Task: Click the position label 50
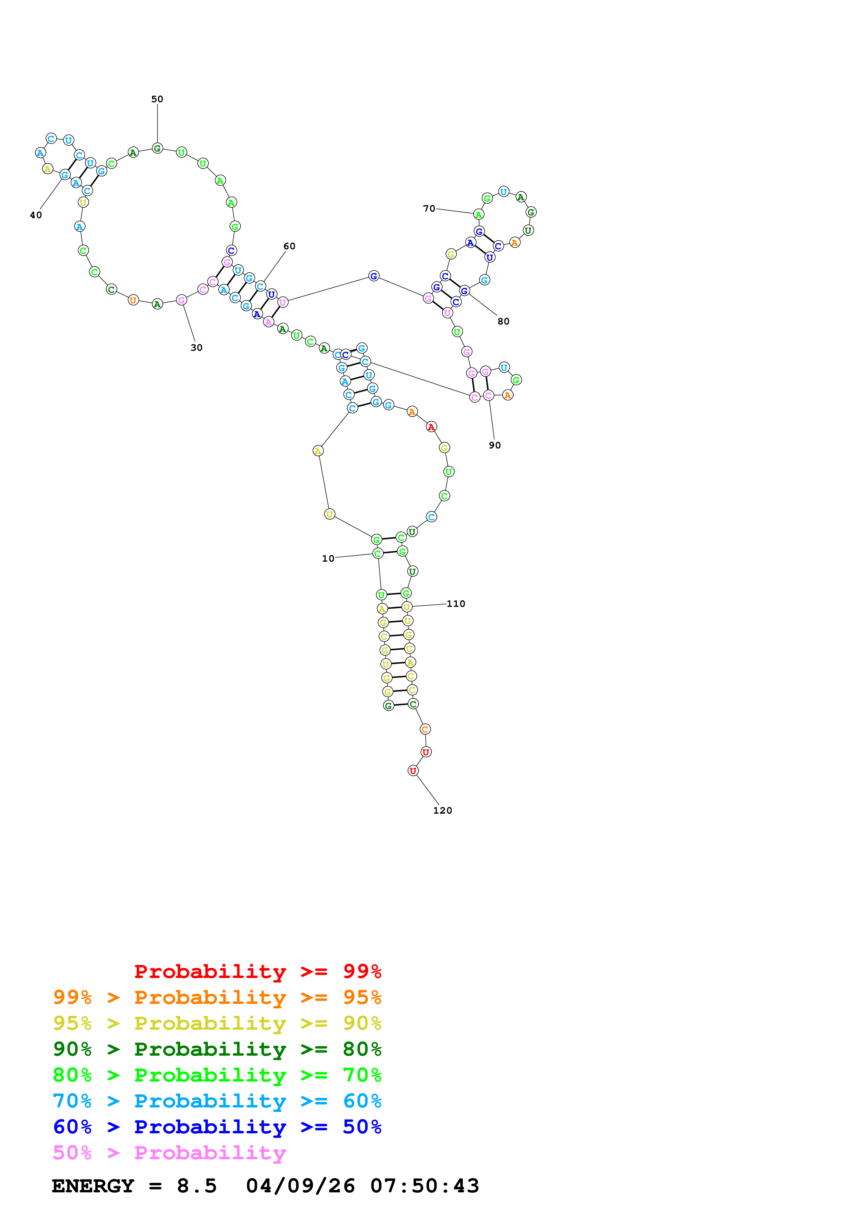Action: pyautogui.click(x=157, y=99)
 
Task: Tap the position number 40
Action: pyautogui.click(x=36, y=215)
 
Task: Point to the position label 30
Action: pyautogui.click(x=196, y=348)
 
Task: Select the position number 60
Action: pyautogui.click(x=289, y=246)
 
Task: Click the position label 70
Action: pyautogui.click(x=429, y=209)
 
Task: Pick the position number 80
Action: pyautogui.click(x=503, y=321)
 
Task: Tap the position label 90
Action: pyautogui.click(x=495, y=445)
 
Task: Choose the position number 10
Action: pyautogui.click(x=328, y=559)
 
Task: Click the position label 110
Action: pyautogui.click(x=456, y=603)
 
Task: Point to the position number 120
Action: pyautogui.click(x=443, y=811)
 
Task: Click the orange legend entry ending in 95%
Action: pyautogui.click(x=217, y=997)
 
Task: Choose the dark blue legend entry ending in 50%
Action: pyautogui.click(x=217, y=1127)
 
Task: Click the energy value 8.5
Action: pyautogui.click(x=197, y=1186)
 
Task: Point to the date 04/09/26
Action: pyautogui.click(x=301, y=1186)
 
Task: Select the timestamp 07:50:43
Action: pyautogui.click(x=425, y=1186)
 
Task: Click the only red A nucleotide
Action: pyautogui.click(x=431, y=427)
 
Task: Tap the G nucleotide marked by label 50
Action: pyautogui.click(x=157, y=149)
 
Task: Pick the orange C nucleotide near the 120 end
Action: pyautogui.click(x=425, y=729)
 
